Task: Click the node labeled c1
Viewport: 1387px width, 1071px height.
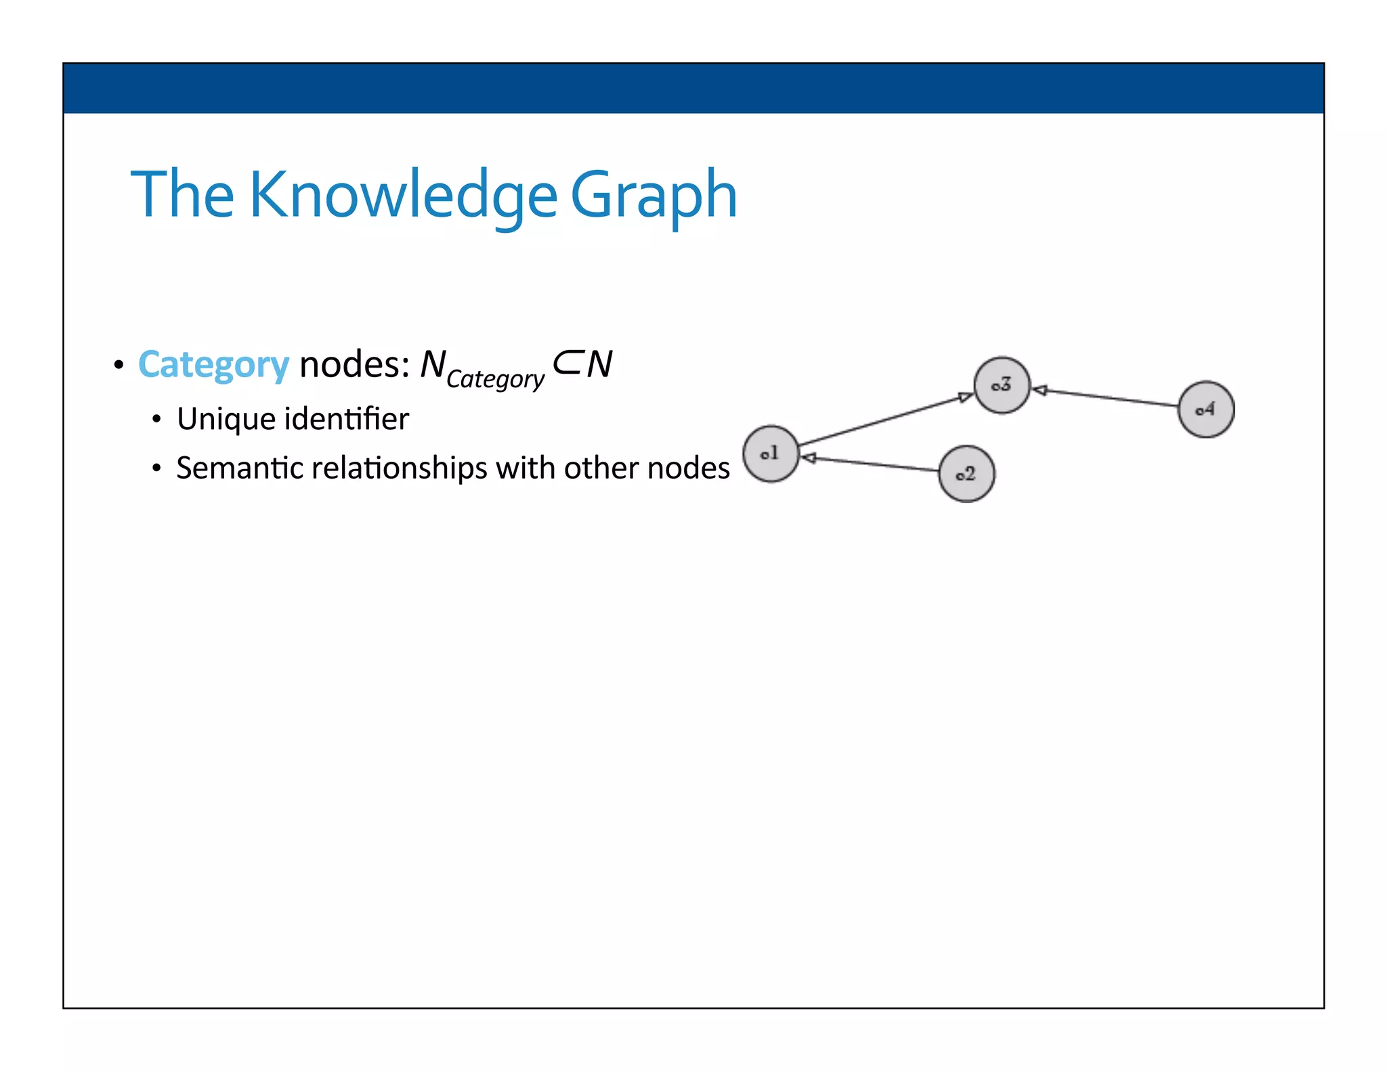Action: coord(771,454)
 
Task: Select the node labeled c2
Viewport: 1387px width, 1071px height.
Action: coord(966,474)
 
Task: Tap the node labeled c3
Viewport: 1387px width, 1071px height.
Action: coord(1002,385)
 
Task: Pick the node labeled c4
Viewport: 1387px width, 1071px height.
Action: coord(1205,409)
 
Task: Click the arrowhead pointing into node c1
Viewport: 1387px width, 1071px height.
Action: coord(809,458)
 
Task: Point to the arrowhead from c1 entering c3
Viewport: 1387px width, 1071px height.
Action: coord(966,397)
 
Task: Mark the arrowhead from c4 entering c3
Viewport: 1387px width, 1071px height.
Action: coord(1040,390)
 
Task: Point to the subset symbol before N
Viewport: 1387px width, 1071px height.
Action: coord(566,364)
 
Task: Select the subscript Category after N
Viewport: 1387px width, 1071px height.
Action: coord(495,379)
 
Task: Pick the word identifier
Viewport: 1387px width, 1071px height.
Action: coord(346,419)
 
